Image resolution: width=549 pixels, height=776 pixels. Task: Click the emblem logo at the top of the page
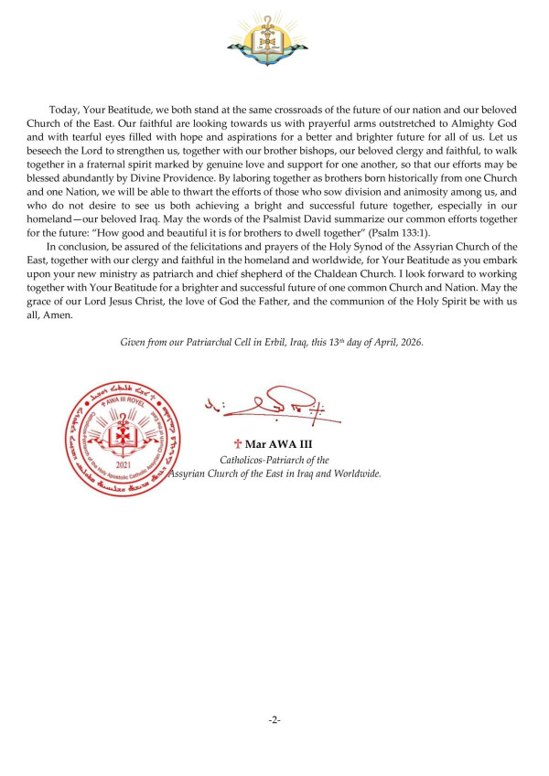pyautogui.click(x=274, y=38)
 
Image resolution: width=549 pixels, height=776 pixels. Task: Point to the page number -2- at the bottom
pyautogui.click(x=274, y=721)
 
